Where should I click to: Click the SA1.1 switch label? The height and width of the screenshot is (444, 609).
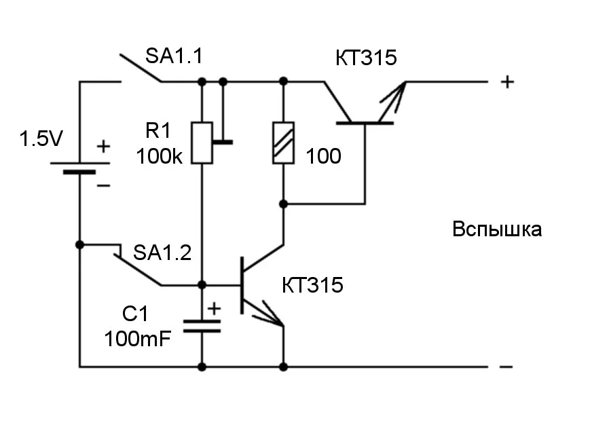(x=174, y=57)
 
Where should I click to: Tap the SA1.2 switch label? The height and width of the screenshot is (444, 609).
(x=162, y=253)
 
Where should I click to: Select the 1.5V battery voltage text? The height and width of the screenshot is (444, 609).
(x=41, y=140)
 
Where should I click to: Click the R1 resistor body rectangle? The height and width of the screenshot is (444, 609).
(x=202, y=143)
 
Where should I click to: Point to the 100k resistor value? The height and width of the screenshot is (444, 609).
(x=159, y=156)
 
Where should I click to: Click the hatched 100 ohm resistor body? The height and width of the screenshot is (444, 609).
(x=283, y=143)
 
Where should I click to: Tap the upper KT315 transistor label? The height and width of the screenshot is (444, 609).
(x=365, y=58)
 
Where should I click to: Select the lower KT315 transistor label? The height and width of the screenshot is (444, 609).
(x=313, y=285)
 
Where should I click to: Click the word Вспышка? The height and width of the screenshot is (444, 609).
(x=497, y=229)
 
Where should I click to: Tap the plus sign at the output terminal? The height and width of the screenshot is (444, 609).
(x=507, y=82)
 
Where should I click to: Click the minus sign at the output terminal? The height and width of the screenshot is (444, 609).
(x=506, y=367)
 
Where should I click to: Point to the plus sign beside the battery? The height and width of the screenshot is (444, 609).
(x=103, y=146)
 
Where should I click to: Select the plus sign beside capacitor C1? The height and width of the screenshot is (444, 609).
(x=214, y=309)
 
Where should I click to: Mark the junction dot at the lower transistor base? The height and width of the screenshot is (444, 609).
(x=202, y=284)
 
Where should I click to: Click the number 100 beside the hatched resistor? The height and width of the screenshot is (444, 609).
(x=323, y=157)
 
